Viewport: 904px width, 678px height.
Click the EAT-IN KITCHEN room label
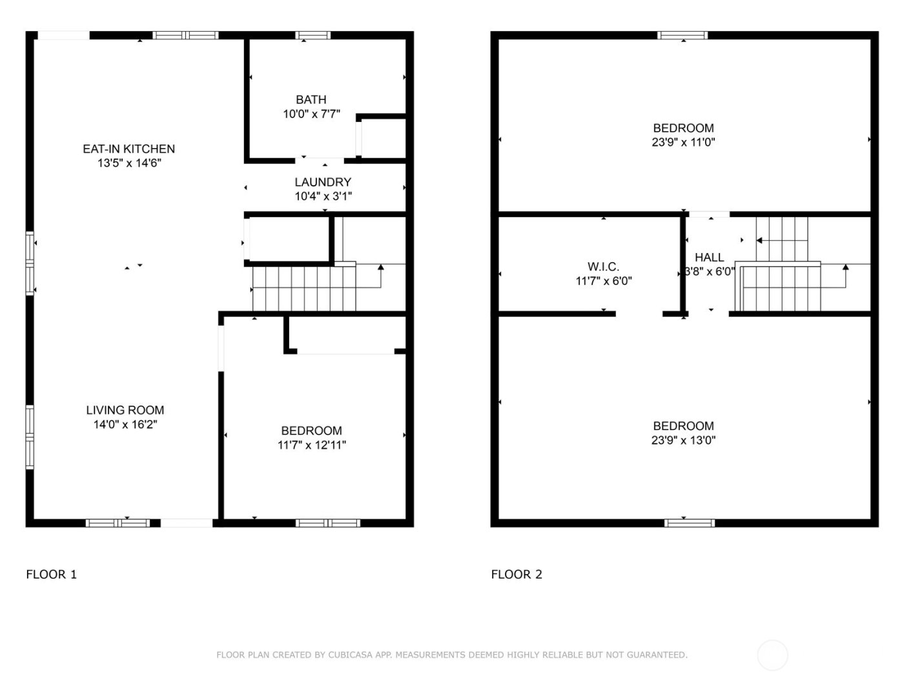click(128, 149)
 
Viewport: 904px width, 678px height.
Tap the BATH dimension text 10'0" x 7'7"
click(311, 114)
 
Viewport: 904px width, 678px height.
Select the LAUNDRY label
click(323, 182)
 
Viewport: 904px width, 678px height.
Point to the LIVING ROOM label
click(125, 410)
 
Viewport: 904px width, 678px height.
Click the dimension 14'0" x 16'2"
click(125, 425)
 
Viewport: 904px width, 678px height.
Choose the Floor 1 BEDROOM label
click(311, 431)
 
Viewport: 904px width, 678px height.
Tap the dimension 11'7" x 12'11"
click(311, 445)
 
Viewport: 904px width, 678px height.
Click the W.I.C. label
click(603, 267)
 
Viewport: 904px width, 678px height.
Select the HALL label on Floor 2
click(709, 258)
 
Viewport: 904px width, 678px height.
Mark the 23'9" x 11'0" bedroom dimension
click(683, 142)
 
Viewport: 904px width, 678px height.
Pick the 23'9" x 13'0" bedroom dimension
click(683, 440)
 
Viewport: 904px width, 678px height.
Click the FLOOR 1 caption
click(51, 574)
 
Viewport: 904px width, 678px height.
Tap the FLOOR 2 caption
click(517, 574)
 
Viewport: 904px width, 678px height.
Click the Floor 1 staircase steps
click(303, 288)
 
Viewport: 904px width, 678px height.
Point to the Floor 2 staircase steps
click(781, 287)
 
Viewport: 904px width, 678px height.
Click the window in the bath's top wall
click(313, 36)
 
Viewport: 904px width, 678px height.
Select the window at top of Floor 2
click(683, 36)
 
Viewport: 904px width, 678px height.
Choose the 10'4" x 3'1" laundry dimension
click(323, 196)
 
